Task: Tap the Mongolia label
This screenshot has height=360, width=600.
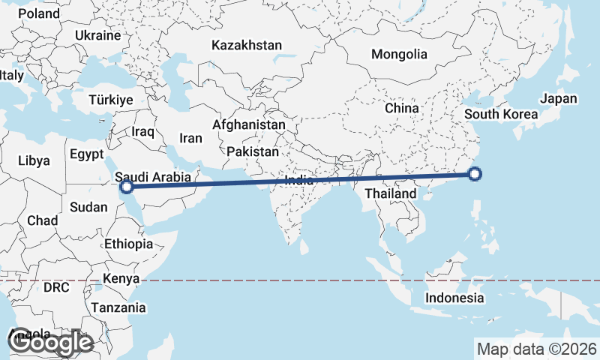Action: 399,54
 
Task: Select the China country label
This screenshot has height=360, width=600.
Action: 401,108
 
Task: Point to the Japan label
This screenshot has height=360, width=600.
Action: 559,98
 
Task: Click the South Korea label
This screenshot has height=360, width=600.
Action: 501,114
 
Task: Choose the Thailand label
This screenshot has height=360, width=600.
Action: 390,193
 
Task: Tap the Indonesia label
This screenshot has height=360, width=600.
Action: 454,298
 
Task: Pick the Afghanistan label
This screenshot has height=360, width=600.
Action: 248,124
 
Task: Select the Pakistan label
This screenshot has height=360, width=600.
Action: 253,151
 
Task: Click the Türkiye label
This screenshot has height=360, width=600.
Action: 110,100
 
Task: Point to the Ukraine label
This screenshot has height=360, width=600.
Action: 98,35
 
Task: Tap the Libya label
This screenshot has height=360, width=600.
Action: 34,160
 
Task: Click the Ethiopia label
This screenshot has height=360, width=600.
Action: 129,244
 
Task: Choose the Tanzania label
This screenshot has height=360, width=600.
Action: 118,307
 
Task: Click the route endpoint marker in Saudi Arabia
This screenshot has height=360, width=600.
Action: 127,187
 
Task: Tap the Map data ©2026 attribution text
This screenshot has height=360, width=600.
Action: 537,349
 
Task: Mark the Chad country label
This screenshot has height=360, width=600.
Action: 41,220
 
